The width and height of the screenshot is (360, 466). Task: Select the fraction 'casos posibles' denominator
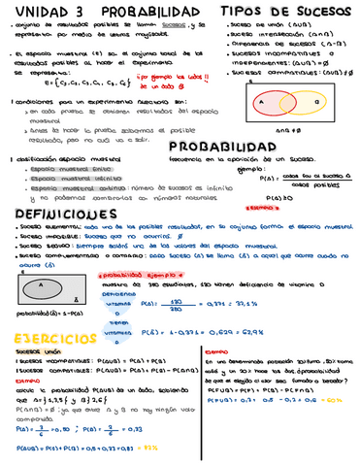(309, 183)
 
